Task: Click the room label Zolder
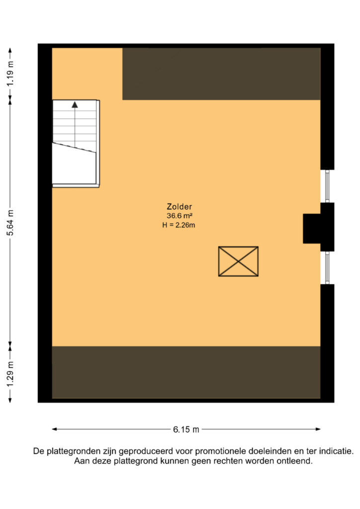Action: click(179, 206)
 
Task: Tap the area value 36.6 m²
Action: click(180, 216)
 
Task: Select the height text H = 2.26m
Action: click(179, 225)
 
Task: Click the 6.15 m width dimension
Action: click(186, 429)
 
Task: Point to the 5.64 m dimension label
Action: click(11, 223)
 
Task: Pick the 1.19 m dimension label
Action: click(11, 74)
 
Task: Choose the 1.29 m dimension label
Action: click(11, 374)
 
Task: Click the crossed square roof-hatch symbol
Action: click(238, 261)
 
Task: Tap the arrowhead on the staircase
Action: click(75, 104)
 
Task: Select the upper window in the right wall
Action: click(327, 186)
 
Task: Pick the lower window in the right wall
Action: click(327, 268)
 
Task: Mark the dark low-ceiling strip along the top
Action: click(221, 74)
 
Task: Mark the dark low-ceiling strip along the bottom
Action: click(186, 372)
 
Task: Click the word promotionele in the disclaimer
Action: click(221, 451)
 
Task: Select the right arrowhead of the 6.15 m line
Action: click(318, 429)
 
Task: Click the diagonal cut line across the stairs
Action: click(74, 147)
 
